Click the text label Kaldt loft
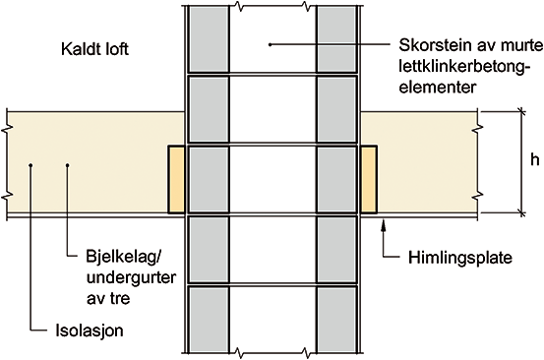click(x=94, y=49)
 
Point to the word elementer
click(x=438, y=87)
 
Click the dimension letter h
click(x=534, y=160)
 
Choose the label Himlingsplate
click(x=460, y=258)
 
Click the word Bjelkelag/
click(x=124, y=258)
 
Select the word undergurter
click(x=131, y=277)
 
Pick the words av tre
click(x=108, y=299)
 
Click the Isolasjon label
click(x=90, y=330)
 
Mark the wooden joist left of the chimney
click(x=176, y=179)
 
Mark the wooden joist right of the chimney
click(x=369, y=179)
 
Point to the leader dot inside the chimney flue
click(x=270, y=44)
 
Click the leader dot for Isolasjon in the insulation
click(x=30, y=165)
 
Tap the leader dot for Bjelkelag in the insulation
click(x=67, y=165)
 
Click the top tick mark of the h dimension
click(x=521, y=112)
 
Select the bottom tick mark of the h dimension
click(x=521, y=212)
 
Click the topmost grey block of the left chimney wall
click(x=209, y=39)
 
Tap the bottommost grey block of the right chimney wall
click(x=336, y=320)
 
